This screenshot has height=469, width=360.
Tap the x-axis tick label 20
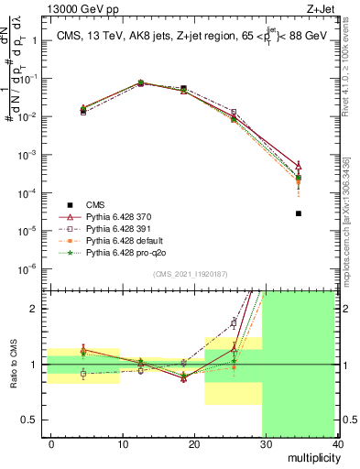click(x=195, y=443)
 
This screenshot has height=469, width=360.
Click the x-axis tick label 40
click(x=338, y=443)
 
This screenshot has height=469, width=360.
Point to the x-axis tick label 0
click(x=51, y=443)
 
